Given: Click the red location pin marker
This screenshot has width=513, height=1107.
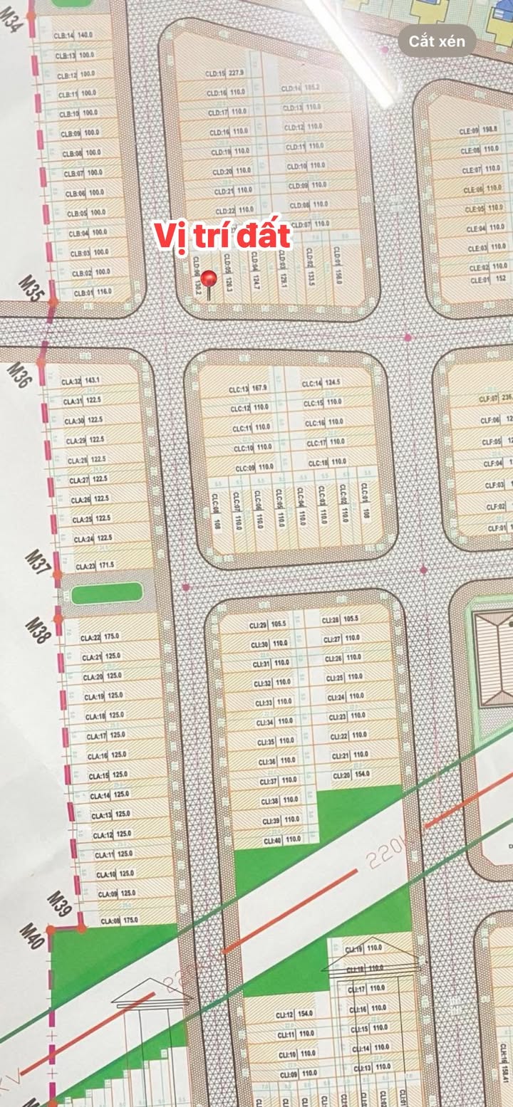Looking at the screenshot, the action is pos(209,278).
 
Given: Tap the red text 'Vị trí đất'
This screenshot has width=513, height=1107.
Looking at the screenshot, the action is pos(222,236).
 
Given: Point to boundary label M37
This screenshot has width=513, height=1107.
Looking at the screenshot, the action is pos(38,562).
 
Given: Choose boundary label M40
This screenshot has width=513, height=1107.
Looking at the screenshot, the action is pos(32,935).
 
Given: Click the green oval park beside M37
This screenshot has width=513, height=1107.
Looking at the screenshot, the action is pos(108,593).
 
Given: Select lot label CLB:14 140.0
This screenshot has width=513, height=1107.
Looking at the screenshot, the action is pos(73,35).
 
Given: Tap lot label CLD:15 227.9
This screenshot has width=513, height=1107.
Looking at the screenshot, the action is pos(226,73).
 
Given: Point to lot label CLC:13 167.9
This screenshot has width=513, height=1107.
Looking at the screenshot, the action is pos(249,389).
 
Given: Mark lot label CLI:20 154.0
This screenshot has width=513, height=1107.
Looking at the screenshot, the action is pos(351,775).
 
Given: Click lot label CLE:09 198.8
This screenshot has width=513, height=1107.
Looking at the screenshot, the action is pos(479,130).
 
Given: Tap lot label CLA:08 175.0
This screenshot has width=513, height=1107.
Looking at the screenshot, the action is pos(119,920).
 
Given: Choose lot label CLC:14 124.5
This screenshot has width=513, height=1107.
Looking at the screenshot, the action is pos(321,384).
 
